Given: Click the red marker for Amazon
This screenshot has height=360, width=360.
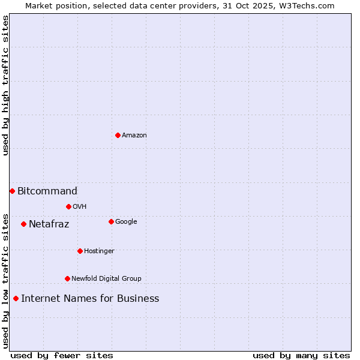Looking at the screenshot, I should coord(118,135).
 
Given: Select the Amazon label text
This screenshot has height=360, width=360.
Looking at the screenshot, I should coord(134,136).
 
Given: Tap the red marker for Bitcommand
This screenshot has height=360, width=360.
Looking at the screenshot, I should coord(12,191).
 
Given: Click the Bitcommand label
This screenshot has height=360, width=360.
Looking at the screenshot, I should coord(47,191).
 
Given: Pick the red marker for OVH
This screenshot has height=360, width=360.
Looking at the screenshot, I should coord(68,206).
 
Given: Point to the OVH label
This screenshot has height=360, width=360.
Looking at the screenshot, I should coord(80,207).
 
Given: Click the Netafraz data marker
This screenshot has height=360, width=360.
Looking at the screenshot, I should coord(23,224).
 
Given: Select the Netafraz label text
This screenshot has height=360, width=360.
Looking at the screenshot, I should coord(49,224).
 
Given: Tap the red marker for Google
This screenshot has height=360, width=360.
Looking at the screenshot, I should coord(111,221).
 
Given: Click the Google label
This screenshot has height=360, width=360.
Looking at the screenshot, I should coord(126,222).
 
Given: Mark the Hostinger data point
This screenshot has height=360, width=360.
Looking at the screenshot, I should coord(80,251).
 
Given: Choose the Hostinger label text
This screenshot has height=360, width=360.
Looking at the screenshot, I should coord(99,251).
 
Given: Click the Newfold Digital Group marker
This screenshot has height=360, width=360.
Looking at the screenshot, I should coord(67,278).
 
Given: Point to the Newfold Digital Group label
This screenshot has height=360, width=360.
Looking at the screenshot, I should coord(106,279).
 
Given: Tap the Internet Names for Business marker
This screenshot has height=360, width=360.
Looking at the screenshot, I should coord(16,298).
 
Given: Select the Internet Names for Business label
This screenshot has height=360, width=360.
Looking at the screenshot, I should coord(90,299).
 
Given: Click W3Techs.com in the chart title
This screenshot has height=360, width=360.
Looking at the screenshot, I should coord(310,6).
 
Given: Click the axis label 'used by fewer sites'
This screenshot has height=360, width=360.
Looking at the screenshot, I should coord(62,355).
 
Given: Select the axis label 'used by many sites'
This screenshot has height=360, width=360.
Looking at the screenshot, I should coord(301,355).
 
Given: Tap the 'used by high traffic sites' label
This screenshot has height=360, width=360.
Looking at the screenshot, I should coord(6,85).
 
